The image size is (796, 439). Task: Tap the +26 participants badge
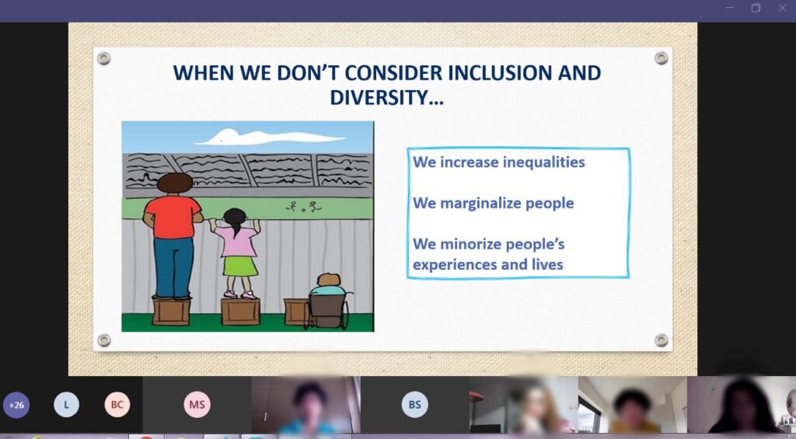(x=16, y=405)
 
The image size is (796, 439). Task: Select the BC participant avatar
(x=117, y=405)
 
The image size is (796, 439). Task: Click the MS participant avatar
(x=197, y=405)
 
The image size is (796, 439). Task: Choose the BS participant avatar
(x=415, y=405)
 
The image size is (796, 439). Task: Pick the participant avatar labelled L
(x=67, y=405)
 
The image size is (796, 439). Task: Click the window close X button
(x=783, y=8)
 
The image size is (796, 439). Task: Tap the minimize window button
(x=729, y=8)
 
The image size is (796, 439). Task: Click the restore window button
(x=756, y=8)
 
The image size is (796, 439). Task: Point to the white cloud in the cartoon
(x=269, y=137)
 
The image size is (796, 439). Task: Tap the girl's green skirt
(x=241, y=267)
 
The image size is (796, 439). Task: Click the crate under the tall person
(x=171, y=311)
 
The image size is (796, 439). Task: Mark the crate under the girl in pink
(x=240, y=312)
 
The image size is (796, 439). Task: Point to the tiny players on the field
(x=304, y=207)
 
